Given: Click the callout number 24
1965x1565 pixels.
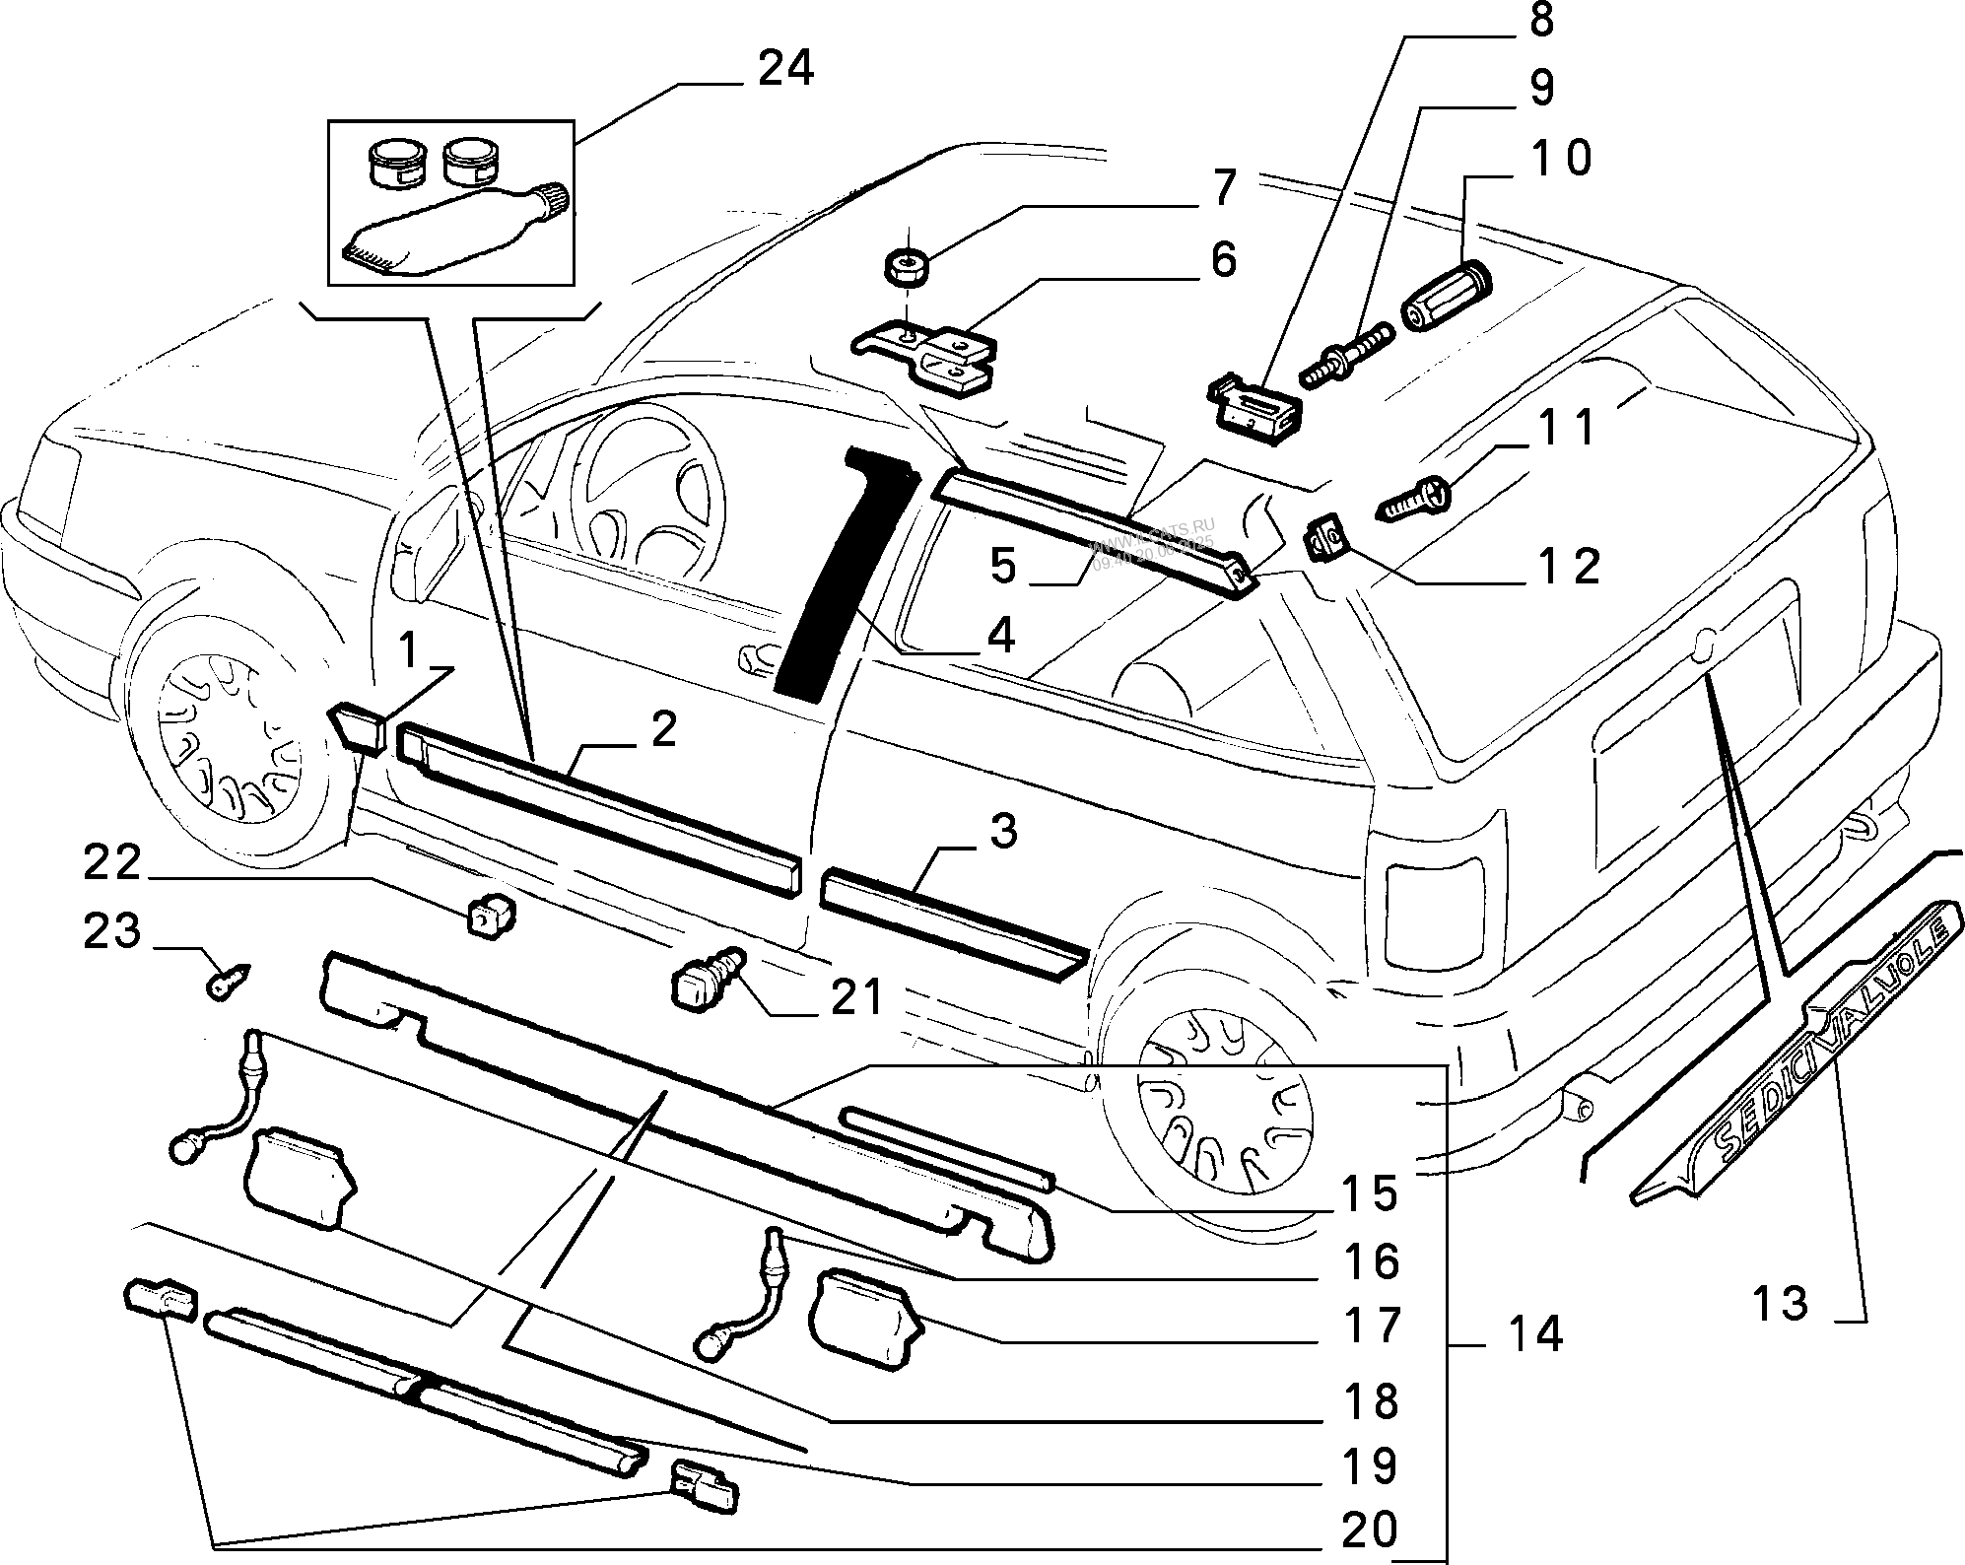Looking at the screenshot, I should [785, 70].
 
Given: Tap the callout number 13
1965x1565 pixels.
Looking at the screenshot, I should [1780, 1303].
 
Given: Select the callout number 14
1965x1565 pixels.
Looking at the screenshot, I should [1534, 1334].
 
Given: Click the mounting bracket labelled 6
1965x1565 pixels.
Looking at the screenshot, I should [927, 356].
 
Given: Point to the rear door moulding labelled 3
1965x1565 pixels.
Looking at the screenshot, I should [952, 919].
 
